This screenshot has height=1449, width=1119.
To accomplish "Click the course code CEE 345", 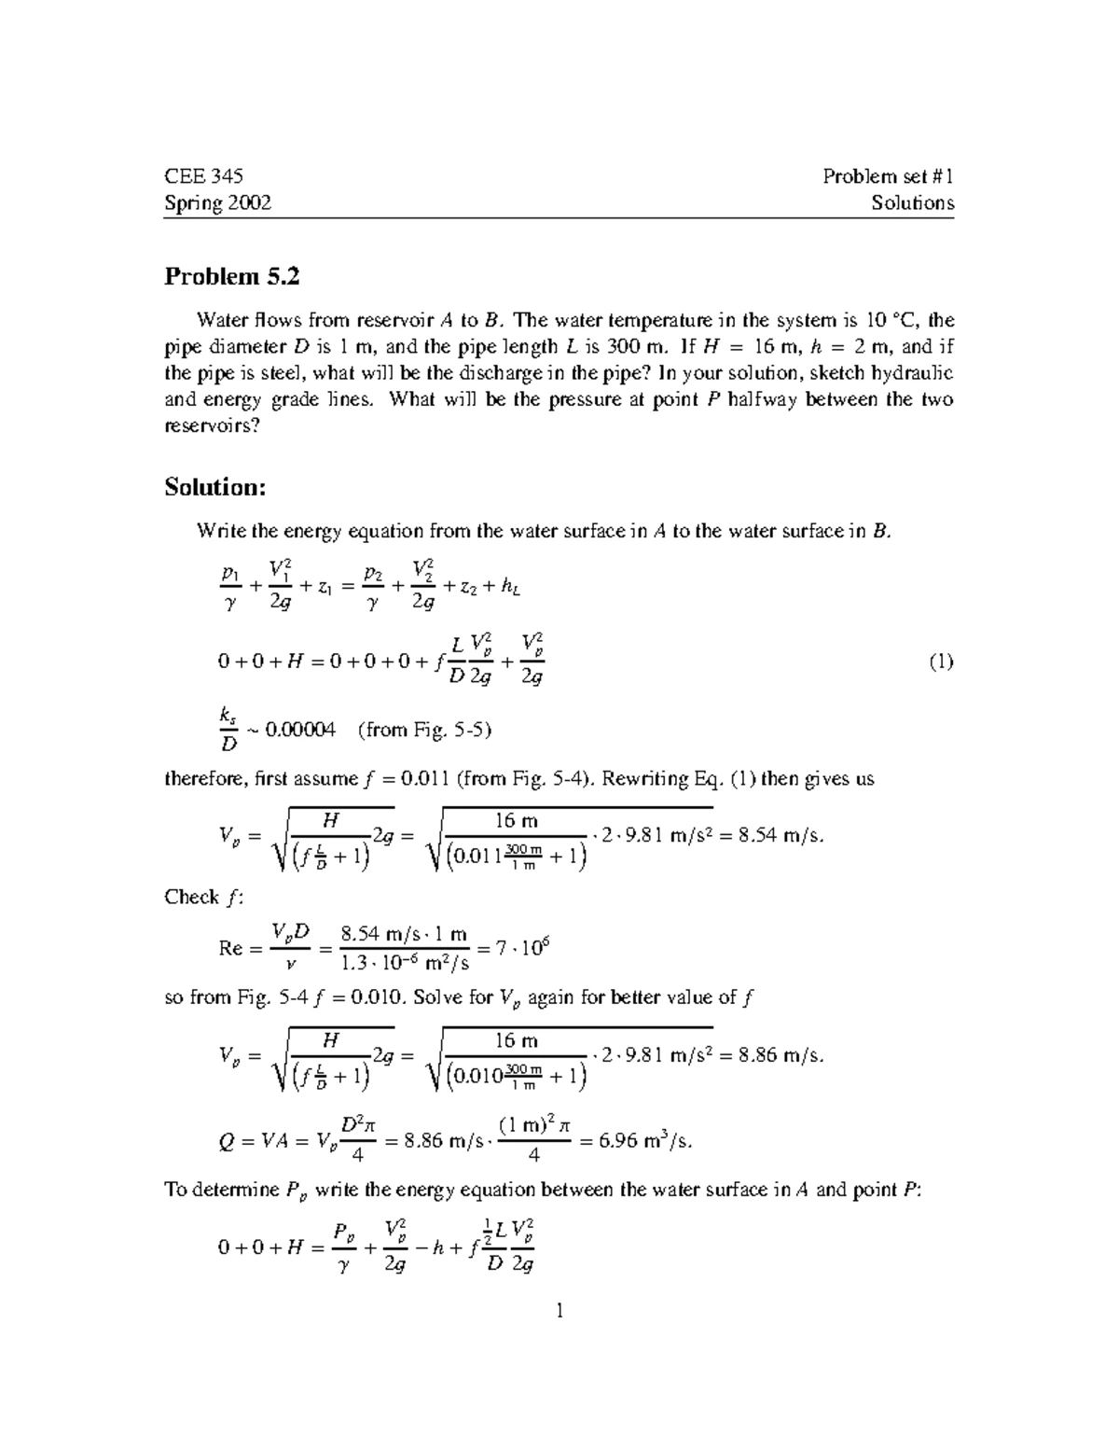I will click(203, 176).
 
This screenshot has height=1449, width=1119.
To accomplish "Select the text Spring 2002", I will click(217, 202).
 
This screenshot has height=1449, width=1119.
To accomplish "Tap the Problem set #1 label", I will click(888, 176).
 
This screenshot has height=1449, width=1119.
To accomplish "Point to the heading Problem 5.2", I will click(232, 276).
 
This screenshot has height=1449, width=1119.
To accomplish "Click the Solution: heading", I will click(215, 487).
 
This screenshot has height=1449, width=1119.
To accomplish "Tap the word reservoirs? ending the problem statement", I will click(211, 425).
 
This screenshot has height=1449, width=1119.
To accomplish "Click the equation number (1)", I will click(940, 662).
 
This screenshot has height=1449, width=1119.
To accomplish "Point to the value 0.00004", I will click(300, 730).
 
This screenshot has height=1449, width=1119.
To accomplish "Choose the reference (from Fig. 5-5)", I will click(424, 730).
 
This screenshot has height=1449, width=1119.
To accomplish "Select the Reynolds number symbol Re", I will click(230, 948).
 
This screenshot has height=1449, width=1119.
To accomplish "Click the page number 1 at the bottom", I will click(559, 1311).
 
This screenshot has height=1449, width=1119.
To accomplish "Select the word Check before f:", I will click(191, 897).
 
